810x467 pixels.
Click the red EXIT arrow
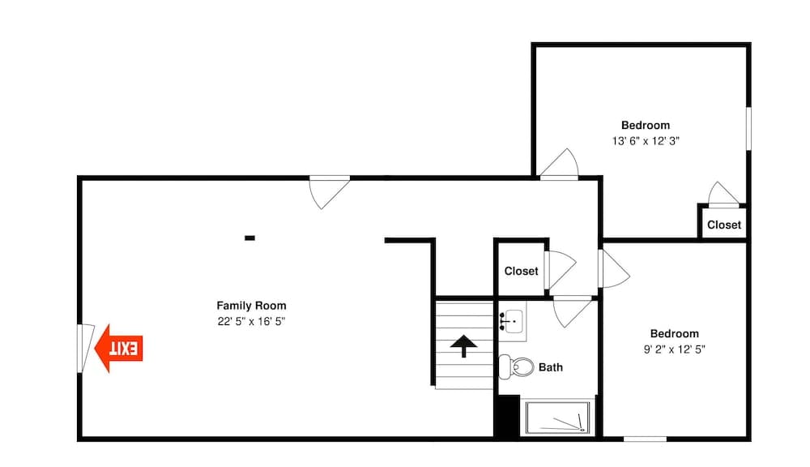118,349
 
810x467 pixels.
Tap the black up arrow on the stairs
463,347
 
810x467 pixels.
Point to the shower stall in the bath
560,418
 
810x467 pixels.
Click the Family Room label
251,306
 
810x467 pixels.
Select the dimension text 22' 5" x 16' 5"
251,321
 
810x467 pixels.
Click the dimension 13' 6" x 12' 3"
646,140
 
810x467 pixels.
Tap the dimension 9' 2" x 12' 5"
674,349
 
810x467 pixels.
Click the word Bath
551,367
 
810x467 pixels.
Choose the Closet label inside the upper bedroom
723,225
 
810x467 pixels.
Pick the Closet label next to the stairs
521,271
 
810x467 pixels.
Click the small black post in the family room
249,238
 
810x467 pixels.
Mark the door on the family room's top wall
330,191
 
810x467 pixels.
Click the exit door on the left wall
85,349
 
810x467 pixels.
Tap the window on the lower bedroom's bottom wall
645,439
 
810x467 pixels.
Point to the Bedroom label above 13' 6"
646,125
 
